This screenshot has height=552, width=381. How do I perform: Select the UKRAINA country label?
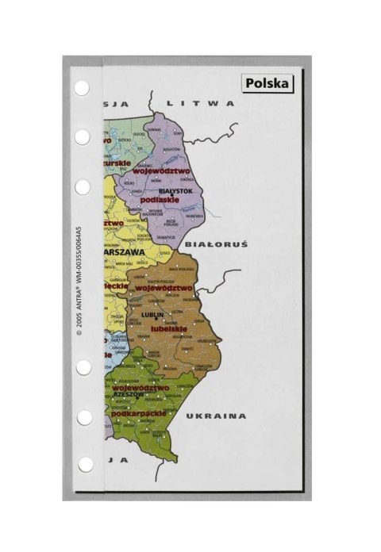[x=217, y=416]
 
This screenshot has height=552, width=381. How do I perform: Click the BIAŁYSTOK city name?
[x=175, y=191]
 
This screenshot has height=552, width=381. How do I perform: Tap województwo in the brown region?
[x=164, y=289]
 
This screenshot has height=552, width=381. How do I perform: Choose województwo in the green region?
[x=140, y=387]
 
